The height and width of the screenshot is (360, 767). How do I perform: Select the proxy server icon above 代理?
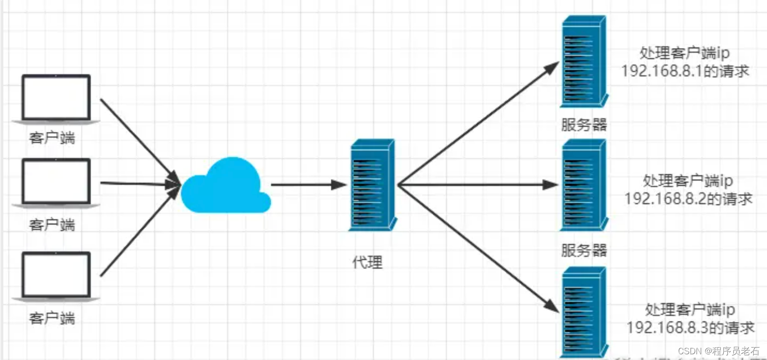373,185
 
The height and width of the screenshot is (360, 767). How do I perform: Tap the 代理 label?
367,262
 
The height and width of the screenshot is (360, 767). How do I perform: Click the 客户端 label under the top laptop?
52,138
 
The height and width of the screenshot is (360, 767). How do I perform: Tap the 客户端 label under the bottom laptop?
52,318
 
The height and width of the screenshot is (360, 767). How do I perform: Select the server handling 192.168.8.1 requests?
584,62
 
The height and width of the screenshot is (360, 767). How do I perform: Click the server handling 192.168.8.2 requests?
584,185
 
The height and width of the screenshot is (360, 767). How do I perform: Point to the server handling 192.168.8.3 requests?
584,312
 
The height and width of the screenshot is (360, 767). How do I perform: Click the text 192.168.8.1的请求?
685,71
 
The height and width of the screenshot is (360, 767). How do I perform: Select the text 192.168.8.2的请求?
688,199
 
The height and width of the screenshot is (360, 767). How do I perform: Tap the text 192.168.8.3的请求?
690,328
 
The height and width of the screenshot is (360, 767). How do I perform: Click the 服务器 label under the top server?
584,125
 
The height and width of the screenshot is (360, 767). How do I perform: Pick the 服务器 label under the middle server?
584,250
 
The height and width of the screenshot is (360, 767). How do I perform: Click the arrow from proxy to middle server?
476,185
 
